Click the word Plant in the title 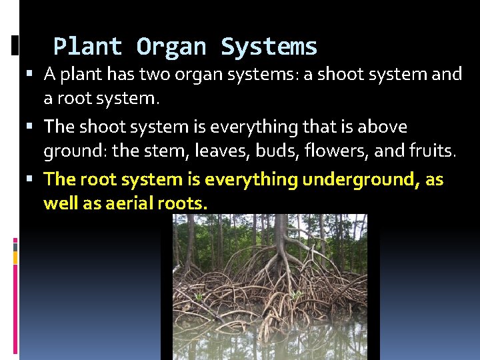[x=87, y=47]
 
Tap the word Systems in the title [x=269, y=47]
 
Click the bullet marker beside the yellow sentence [x=34, y=179]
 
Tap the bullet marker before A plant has [x=34, y=74]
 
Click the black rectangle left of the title [x=15, y=45]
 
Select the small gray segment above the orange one [x=16, y=247]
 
